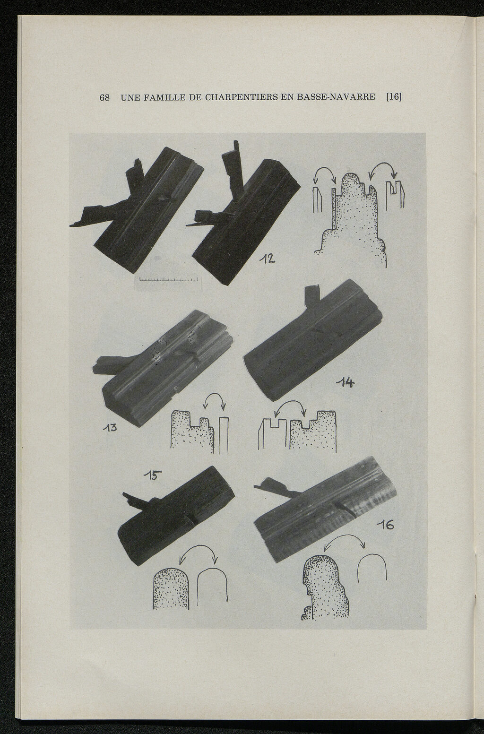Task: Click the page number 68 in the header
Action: pos(104,97)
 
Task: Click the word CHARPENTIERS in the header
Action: pos(241,97)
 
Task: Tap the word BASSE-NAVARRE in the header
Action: pos(336,97)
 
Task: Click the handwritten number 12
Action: pos(268,259)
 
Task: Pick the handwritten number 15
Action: pos(153,475)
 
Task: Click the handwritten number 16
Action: pos(385,525)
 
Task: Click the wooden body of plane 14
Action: pos(313,341)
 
